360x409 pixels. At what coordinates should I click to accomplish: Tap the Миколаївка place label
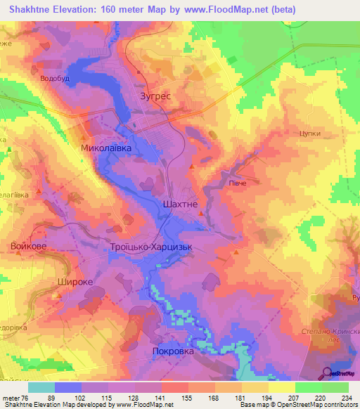[x=106, y=149]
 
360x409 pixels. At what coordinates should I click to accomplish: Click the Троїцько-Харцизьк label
[x=151, y=247]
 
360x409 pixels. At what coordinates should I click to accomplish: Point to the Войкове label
[x=29, y=246]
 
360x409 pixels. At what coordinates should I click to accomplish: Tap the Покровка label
[x=173, y=350]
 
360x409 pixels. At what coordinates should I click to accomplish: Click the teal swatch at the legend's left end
[x=41, y=387]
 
